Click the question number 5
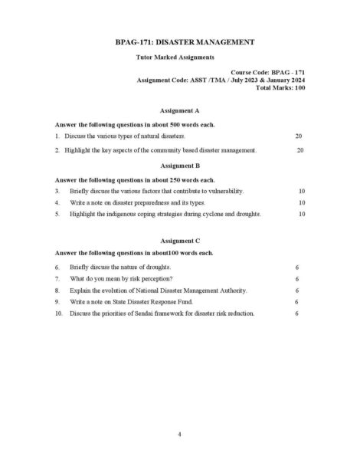click(57, 214)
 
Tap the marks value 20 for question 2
click(300, 150)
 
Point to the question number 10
click(58, 313)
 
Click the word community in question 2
click(166, 150)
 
